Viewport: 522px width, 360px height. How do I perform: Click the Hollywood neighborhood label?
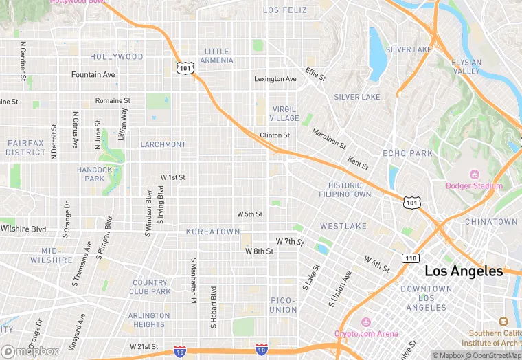click(116, 57)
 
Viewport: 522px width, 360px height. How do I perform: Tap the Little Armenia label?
click(217, 56)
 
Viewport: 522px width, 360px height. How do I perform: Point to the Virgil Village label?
click(284, 114)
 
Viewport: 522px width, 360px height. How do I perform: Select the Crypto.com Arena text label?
click(366, 334)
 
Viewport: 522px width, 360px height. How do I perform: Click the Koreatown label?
click(213, 232)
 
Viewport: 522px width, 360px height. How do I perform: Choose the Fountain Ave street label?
click(93, 74)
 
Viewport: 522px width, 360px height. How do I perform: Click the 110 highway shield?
click(411, 258)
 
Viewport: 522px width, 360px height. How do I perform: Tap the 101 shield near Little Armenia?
click(185, 68)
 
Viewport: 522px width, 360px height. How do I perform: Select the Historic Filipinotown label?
click(345, 190)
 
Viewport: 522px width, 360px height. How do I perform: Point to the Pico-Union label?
click(283, 305)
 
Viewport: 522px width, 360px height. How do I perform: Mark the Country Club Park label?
click(150, 287)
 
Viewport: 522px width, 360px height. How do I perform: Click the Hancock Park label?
click(95, 174)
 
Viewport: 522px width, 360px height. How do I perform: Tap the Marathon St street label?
click(329, 138)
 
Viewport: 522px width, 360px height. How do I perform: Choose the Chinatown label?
click(491, 222)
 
